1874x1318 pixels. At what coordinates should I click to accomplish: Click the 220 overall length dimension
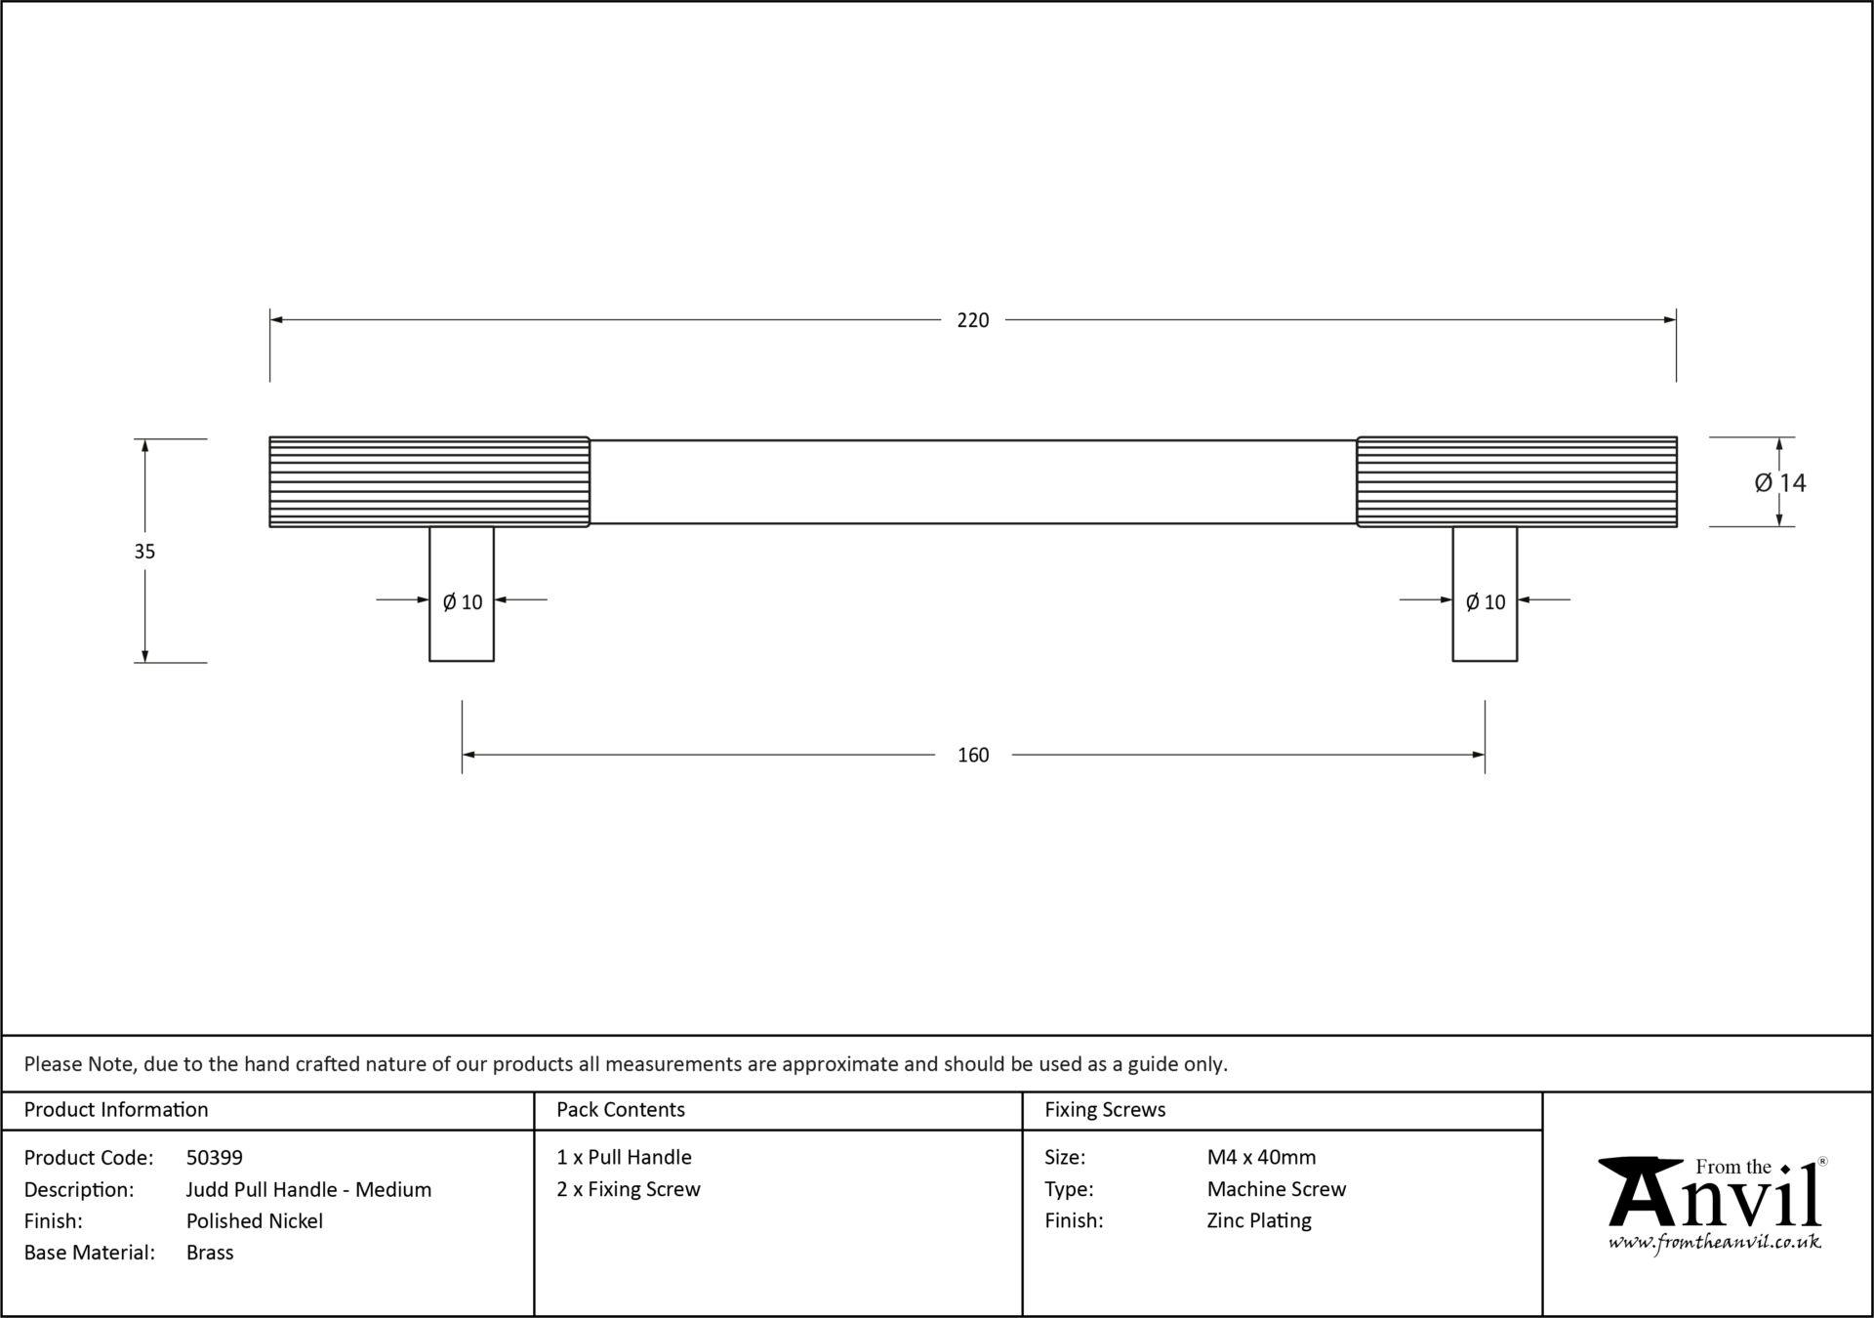pos(972,320)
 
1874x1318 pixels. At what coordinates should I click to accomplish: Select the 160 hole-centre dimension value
pos(972,755)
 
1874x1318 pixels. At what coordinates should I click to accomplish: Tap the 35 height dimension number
pos(144,552)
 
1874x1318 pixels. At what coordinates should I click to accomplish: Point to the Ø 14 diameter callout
pos(1779,482)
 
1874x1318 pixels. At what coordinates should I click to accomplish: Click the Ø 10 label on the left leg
pos(463,602)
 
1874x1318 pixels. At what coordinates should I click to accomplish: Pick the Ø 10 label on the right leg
pos(1486,602)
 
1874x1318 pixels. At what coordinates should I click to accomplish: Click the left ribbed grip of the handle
pos(429,482)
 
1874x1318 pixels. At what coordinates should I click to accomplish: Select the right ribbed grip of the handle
pos(1517,482)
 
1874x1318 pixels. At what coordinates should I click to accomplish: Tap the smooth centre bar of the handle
pos(973,482)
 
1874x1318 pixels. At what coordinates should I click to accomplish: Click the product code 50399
pos(215,1158)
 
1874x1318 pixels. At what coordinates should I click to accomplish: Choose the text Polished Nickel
pos(255,1221)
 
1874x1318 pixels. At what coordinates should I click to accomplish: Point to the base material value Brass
pos(210,1253)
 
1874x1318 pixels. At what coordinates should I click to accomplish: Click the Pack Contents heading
pos(621,1110)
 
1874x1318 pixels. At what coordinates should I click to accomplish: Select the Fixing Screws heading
pos(1105,1110)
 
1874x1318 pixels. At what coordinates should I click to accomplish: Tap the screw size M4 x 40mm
pos(1261,1158)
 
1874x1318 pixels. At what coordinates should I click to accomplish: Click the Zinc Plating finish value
pos(1259,1221)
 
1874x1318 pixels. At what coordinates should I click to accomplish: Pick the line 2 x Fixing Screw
pos(629,1189)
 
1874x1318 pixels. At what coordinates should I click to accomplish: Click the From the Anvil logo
pos(1715,1203)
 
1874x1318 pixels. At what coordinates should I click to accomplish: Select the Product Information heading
pos(116,1110)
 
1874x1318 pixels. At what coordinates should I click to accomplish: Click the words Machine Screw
pos(1277,1189)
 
